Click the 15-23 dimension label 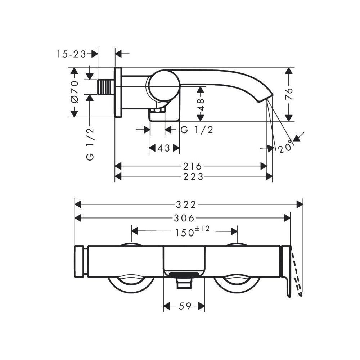click(71, 54)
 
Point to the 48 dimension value click(201, 104)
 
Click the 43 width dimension click(164, 148)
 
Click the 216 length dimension click(192, 166)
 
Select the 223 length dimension click(193, 176)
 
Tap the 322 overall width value click(186, 204)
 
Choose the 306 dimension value click(184, 218)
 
